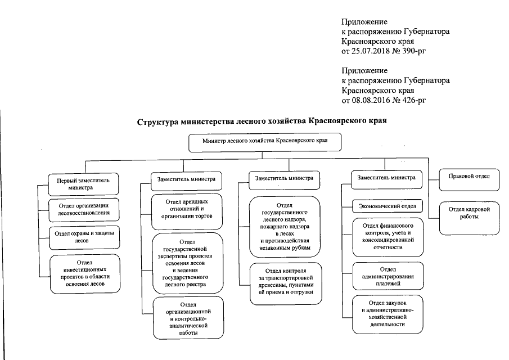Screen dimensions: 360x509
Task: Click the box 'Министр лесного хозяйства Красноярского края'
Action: click(x=265, y=142)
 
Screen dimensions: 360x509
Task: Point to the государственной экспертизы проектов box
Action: click(x=187, y=262)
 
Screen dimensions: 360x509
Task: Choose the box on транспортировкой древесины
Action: click(x=286, y=284)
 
